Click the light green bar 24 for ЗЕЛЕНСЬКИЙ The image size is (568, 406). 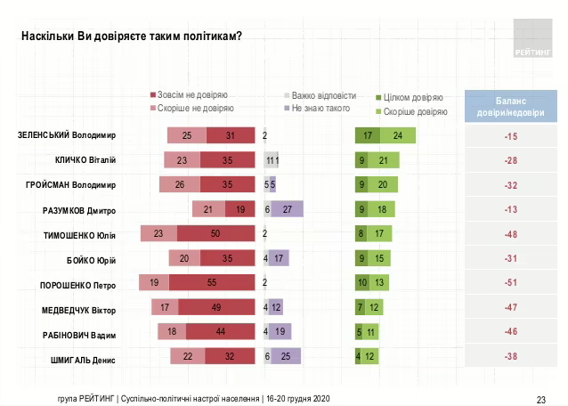point(398,136)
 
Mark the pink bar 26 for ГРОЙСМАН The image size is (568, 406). point(180,184)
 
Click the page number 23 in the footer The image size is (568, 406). point(540,398)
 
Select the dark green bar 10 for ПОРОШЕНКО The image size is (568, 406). point(363,283)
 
